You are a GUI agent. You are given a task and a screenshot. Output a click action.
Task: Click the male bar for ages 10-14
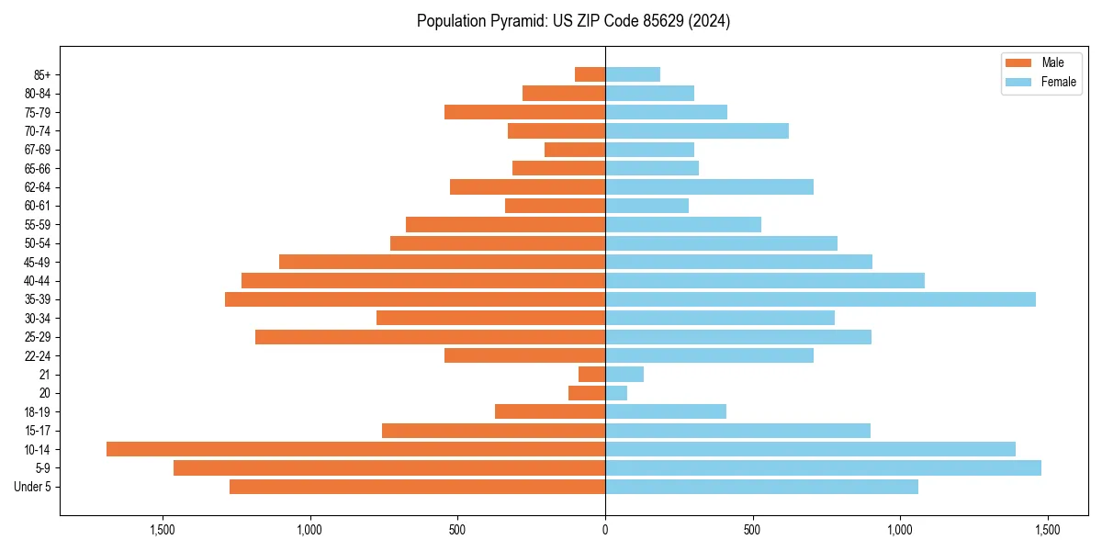(x=355, y=449)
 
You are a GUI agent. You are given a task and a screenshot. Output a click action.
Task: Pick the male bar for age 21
(x=592, y=374)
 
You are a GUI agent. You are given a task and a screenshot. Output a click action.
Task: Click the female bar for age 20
(x=616, y=393)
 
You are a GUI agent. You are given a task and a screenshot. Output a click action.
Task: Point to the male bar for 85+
(x=590, y=74)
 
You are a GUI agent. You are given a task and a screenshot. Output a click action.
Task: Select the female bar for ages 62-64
(x=709, y=186)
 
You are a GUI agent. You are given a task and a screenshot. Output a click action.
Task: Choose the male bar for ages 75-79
(x=524, y=112)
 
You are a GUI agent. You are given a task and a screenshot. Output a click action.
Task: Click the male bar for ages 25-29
(x=430, y=337)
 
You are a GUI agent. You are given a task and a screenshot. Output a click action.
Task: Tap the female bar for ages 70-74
(x=697, y=130)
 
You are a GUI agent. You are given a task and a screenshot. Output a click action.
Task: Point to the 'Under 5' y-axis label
(x=33, y=487)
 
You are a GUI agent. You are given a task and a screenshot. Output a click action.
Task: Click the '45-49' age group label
(x=38, y=262)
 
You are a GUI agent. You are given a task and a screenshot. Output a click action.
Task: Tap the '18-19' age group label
(x=38, y=411)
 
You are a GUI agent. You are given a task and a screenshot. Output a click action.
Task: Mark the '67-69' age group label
(x=38, y=150)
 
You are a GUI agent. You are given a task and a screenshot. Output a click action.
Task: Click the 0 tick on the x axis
(x=605, y=530)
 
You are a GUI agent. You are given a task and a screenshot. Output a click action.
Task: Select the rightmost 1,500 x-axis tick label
(x=1048, y=530)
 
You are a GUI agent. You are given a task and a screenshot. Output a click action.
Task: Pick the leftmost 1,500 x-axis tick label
(x=163, y=530)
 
